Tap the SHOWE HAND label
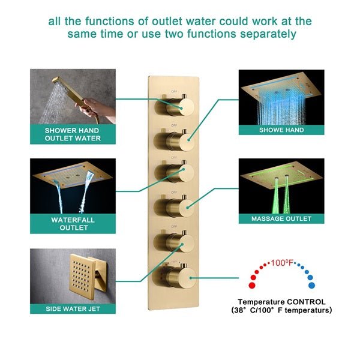[281, 130]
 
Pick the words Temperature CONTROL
[281, 301]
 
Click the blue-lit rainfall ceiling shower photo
[281, 96]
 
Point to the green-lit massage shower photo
[281, 185]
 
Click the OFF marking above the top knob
[174, 92]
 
